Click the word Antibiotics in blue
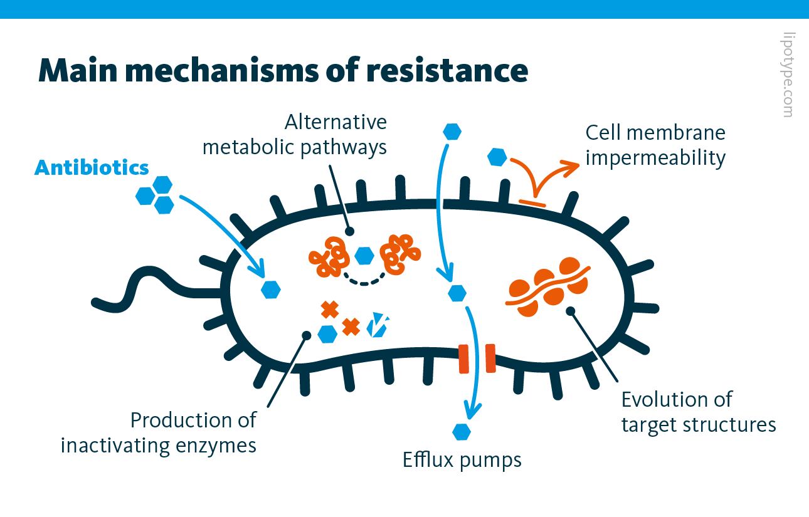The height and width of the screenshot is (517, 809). tap(92, 168)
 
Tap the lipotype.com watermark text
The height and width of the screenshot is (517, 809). tap(788, 75)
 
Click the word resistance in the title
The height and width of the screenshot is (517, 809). tap(447, 70)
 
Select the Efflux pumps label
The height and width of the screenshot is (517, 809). tap(462, 460)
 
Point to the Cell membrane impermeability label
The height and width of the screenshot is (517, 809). tap(655, 145)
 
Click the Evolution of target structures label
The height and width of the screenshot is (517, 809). tap(698, 412)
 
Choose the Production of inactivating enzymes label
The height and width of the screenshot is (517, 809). tap(159, 432)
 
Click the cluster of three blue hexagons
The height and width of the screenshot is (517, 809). tap(155, 194)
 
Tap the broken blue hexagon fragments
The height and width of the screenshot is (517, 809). tap(378, 325)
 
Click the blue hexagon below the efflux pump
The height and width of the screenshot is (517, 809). tap(461, 432)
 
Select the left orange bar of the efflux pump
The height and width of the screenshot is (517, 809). tap(464, 358)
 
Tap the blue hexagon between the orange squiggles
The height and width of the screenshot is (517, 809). tap(364, 255)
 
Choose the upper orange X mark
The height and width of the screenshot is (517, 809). tap(329, 309)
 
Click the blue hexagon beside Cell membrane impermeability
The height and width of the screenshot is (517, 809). tap(497, 157)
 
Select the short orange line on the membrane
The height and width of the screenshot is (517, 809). tap(532, 202)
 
